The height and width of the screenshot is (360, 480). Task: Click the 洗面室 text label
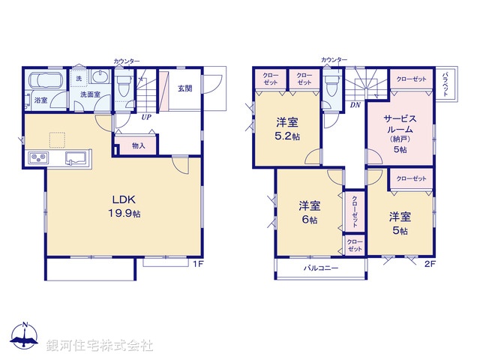coord(91,95)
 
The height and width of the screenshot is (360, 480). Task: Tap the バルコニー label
coord(321,268)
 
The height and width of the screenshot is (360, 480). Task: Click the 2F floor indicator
coord(430,265)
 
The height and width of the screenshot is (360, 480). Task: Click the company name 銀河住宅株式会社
coord(100,345)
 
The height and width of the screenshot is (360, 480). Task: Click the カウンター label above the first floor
coord(126,60)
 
